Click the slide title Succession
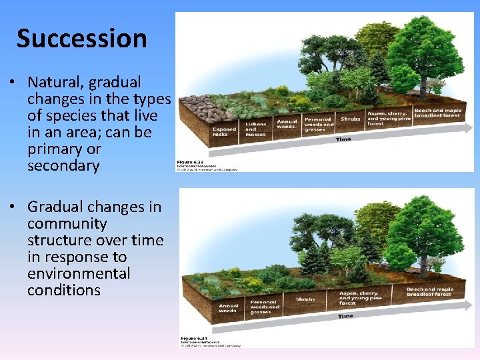[81, 39]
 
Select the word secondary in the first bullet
[63, 166]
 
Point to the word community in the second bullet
[67, 224]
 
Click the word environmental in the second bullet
[79, 274]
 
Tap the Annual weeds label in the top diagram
[287, 123]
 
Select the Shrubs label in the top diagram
[351, 119]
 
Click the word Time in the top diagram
[344, 139]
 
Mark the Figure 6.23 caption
[190, 162]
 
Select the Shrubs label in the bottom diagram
[305, 299]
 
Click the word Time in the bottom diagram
[345, 316]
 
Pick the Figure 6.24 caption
[193, 339]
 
